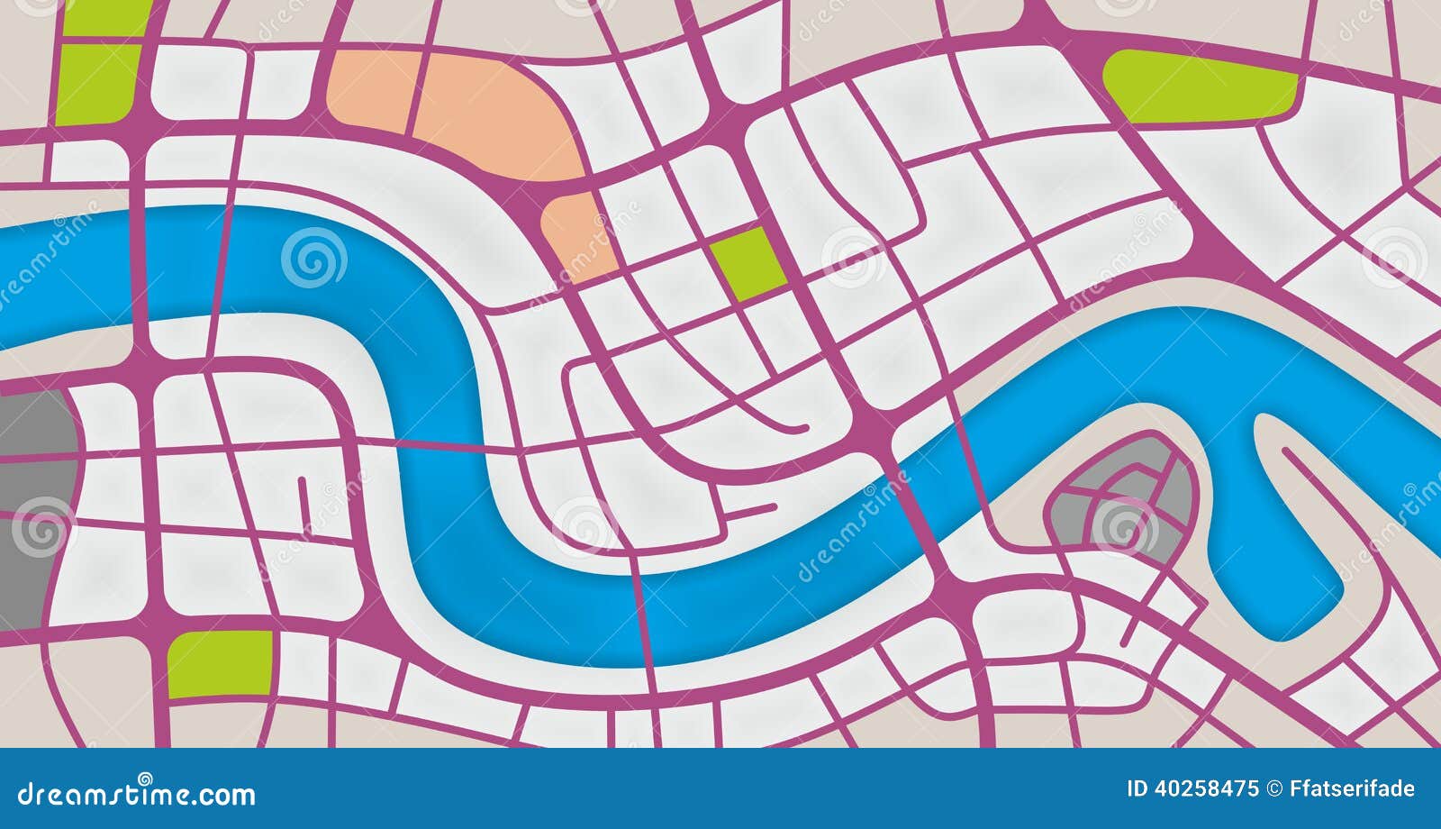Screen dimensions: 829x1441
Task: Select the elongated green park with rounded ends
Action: coord(1200,87)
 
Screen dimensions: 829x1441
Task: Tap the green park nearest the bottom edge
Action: coord(220,663)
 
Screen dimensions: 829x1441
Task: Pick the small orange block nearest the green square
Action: coord(578,232)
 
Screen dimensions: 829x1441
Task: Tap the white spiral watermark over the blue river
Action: coord(313,257)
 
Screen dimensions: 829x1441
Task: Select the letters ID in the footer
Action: coord(1137,789)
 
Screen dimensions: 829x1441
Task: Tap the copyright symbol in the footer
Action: coord(1274,789)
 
